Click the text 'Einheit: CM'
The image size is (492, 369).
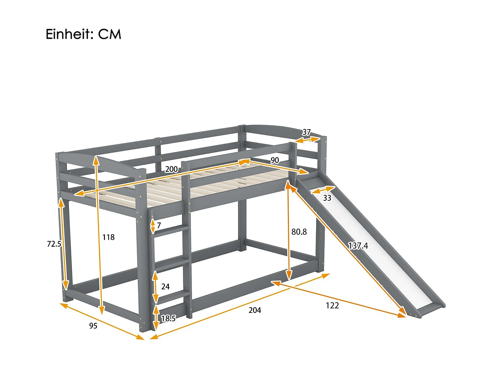(83, 34)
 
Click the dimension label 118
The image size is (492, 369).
(108, 237)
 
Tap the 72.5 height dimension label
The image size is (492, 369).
(54, 244)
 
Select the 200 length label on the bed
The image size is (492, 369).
(171, 169)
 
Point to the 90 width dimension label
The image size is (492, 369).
(275, 160)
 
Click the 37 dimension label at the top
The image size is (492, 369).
(306, 132)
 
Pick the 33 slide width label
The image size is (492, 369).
(327, 198)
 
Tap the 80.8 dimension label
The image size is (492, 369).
(299, 232)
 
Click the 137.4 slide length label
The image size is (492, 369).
(358, 246)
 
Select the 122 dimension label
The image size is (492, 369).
(332, 306)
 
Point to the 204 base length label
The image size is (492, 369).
(255, 310)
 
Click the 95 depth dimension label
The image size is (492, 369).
(93, 326)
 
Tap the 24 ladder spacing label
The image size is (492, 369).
(165, 287)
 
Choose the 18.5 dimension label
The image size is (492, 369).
(168, 318)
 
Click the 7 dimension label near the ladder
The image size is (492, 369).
(159, 225)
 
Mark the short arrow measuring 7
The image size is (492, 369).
(153, 226)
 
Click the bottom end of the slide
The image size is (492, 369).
(426, 309)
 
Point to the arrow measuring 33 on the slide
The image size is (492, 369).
(323, 190)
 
